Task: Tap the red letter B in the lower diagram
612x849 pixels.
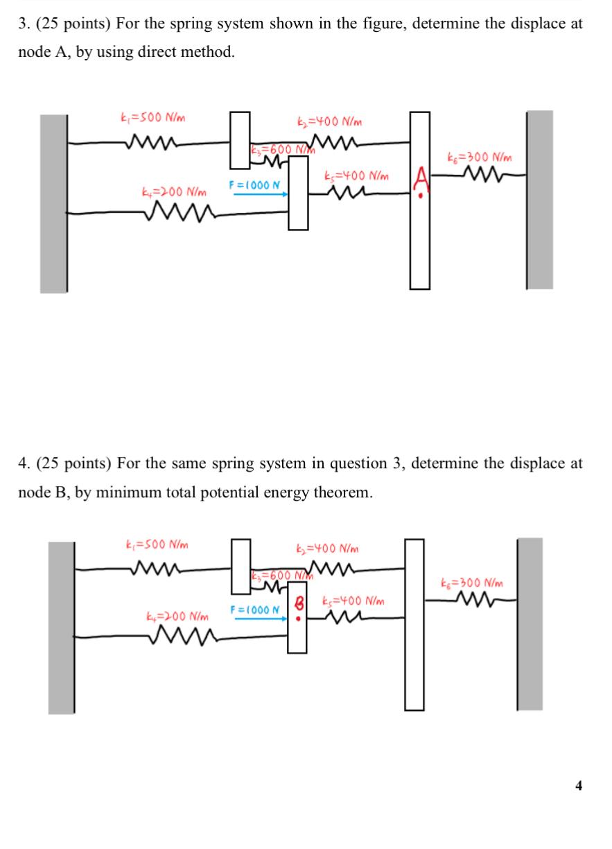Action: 299,603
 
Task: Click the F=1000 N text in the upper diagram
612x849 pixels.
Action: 254,185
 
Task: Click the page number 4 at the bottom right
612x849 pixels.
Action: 578,785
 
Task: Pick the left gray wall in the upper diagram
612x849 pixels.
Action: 53,204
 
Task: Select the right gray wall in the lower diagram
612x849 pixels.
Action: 530,624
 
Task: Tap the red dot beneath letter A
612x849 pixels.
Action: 421,196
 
